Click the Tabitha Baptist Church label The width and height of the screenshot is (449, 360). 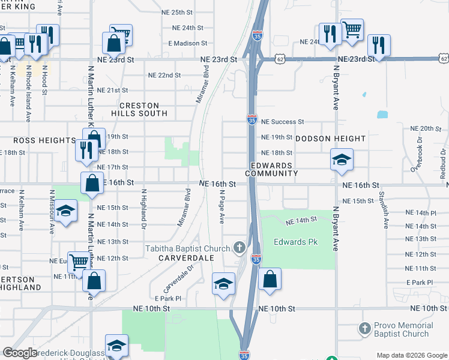(x=187, y=249)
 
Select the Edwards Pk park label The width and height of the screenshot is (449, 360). (x=295, y=242)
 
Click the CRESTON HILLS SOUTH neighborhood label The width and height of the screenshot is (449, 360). (x=139, y=109)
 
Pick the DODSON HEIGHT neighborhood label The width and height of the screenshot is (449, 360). (x=330, y=139)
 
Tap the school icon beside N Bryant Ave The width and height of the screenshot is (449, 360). (x=341, y=159)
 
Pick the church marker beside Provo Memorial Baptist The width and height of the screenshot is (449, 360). (x=364, y=329)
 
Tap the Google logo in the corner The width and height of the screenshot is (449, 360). (x=20, y=353)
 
